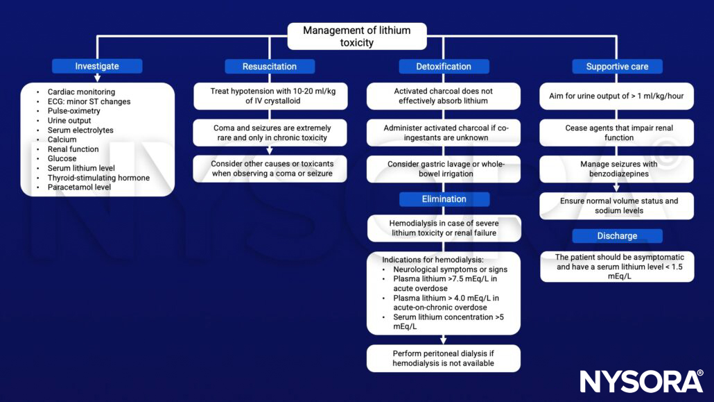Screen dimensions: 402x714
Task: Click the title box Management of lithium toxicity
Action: tap(356, 36)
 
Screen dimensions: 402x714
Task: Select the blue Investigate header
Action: tap(97, 67)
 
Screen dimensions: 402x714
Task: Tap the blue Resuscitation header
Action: tap(270, 67)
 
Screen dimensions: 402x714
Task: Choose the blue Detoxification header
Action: tap(444, 67)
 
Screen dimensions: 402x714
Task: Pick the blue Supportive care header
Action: tap(617, 67)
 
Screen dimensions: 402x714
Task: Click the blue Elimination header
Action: tap(444, 199)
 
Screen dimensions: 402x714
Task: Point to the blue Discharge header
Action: tap(617, 236)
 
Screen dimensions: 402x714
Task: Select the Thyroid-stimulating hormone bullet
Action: tap(98, 178)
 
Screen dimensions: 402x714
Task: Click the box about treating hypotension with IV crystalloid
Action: tap(270, 96)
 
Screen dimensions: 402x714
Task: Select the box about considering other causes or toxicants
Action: tap(270, 168)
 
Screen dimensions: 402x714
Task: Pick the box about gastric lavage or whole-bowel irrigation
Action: tap(444, 168)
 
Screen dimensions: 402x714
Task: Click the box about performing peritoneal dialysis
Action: tap(444, 358)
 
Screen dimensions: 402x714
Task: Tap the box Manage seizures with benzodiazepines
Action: tap(617, 169)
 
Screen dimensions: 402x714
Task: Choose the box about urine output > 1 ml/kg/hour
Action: tap(617, 96)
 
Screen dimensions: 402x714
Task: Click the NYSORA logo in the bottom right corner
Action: tap(641, 381)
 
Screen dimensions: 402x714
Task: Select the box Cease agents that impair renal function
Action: tap(617, 133)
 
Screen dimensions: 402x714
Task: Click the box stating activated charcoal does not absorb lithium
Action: tap(444, 96)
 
